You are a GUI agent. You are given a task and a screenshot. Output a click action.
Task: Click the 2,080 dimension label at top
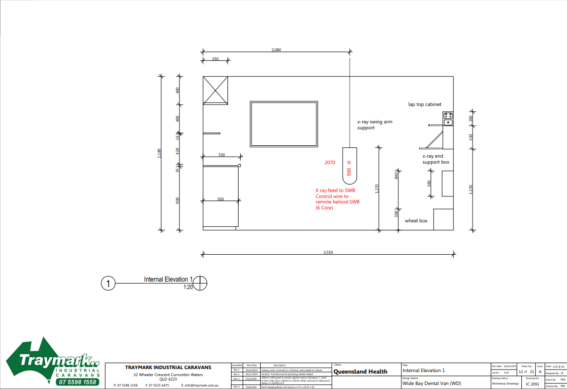pos(276,50)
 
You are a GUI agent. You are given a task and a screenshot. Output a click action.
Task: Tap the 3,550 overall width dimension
pos(328,253)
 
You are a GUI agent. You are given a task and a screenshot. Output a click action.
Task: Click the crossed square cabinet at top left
pos(215,90)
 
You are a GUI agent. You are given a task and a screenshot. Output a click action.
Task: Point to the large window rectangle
pos(284,124)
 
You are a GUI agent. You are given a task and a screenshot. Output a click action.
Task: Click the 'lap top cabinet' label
pos(425,104)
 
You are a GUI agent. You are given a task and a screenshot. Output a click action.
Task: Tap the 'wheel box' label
pos(416,220)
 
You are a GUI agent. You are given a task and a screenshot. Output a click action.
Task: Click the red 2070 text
pos(330,163)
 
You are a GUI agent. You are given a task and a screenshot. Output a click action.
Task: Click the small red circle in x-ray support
pos(349,162)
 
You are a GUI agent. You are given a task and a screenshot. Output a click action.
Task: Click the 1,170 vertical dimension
pos(378,189)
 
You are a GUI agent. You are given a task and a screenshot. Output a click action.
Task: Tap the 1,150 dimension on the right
pos(471,190)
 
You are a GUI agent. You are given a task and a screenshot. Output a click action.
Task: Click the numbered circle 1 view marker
pos(108,284)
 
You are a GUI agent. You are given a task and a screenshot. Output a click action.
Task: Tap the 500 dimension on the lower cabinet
pos(220,199)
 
